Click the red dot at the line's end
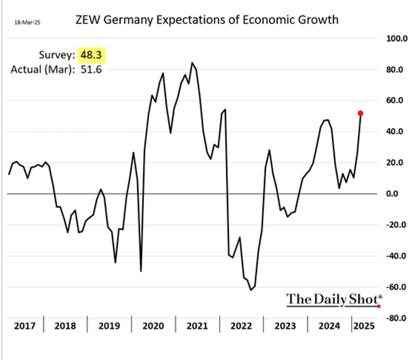(x=361, y=113)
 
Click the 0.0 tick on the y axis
(x=391, y=194)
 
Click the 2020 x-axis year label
(x=153, y=326)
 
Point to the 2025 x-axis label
(x=364, y=326)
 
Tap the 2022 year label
(x=241, y=326)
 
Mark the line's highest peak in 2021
(x=192, y=63)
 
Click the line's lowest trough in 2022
(x=251, y=290)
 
